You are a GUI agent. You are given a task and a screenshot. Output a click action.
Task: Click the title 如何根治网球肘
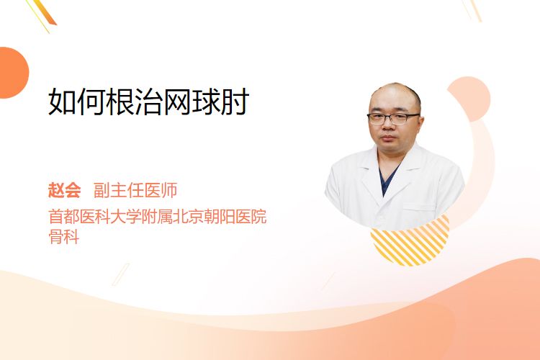148,102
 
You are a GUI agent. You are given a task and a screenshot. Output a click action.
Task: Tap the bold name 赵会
64,190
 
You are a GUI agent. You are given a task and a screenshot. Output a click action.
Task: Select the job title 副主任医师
135,190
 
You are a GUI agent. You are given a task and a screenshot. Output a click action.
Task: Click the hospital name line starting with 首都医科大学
158,217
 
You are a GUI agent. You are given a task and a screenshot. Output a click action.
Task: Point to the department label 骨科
64,236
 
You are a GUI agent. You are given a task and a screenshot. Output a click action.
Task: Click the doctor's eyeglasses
393,118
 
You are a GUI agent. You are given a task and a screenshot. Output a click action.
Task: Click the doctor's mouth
389,138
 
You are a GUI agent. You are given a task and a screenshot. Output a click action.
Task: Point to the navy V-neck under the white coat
387,177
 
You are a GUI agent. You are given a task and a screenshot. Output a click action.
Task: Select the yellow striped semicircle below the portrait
410,243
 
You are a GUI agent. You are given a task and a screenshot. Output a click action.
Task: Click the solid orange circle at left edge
13,73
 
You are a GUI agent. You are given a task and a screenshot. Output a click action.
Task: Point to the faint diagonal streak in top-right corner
472,10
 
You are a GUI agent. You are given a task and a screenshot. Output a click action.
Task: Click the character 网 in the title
177,102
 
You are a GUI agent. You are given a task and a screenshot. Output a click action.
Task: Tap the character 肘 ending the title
235,102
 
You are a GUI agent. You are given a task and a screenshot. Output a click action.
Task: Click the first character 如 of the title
62,102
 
